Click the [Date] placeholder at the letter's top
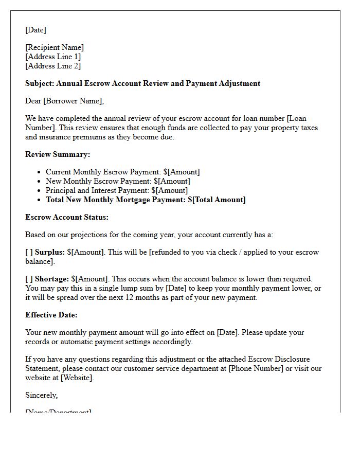click(x=35, y=30)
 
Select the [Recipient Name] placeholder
click(x=55, y=47)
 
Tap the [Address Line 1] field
click(x=53, y=57)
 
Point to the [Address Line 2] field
click(x=53, y=66)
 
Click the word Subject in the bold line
click(x=39, y=83)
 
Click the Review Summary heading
click(x=58, y=154)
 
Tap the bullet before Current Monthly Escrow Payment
click(x=40, y=172)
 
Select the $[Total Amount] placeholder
click(x=217, y=200)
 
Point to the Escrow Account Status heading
click(x=67, y=217)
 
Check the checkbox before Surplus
click(x=29, y=252)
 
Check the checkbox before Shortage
click(x=29, y=279)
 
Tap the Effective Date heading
click(x=51, y=315)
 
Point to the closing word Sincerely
click(x=41, y=395)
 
